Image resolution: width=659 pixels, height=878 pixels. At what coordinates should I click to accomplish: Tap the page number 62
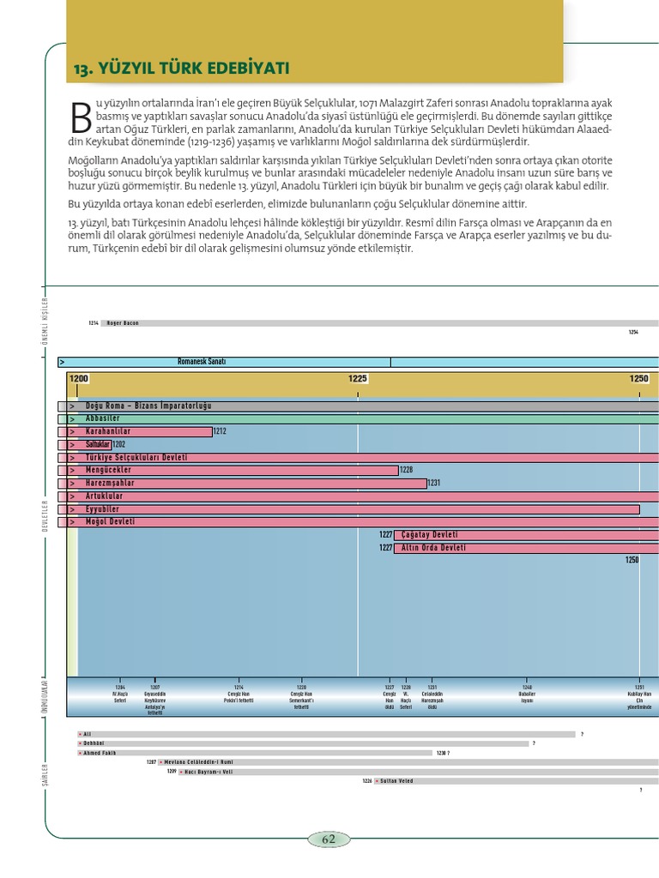[329, 839]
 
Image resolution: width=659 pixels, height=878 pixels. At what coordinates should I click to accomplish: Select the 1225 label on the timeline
[358, 378]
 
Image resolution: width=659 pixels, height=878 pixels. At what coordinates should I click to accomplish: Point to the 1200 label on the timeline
[79, 378]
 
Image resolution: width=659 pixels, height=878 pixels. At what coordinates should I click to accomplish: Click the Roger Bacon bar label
[123, 323]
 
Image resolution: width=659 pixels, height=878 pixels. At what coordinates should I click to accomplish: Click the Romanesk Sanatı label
[201, 362]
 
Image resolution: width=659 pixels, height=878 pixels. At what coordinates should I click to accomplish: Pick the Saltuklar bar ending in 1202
[98, 444]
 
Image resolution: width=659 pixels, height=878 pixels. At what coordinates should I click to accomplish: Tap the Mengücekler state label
[108, 470]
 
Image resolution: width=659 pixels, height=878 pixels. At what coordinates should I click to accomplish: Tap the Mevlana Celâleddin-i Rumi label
[200, 761]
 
